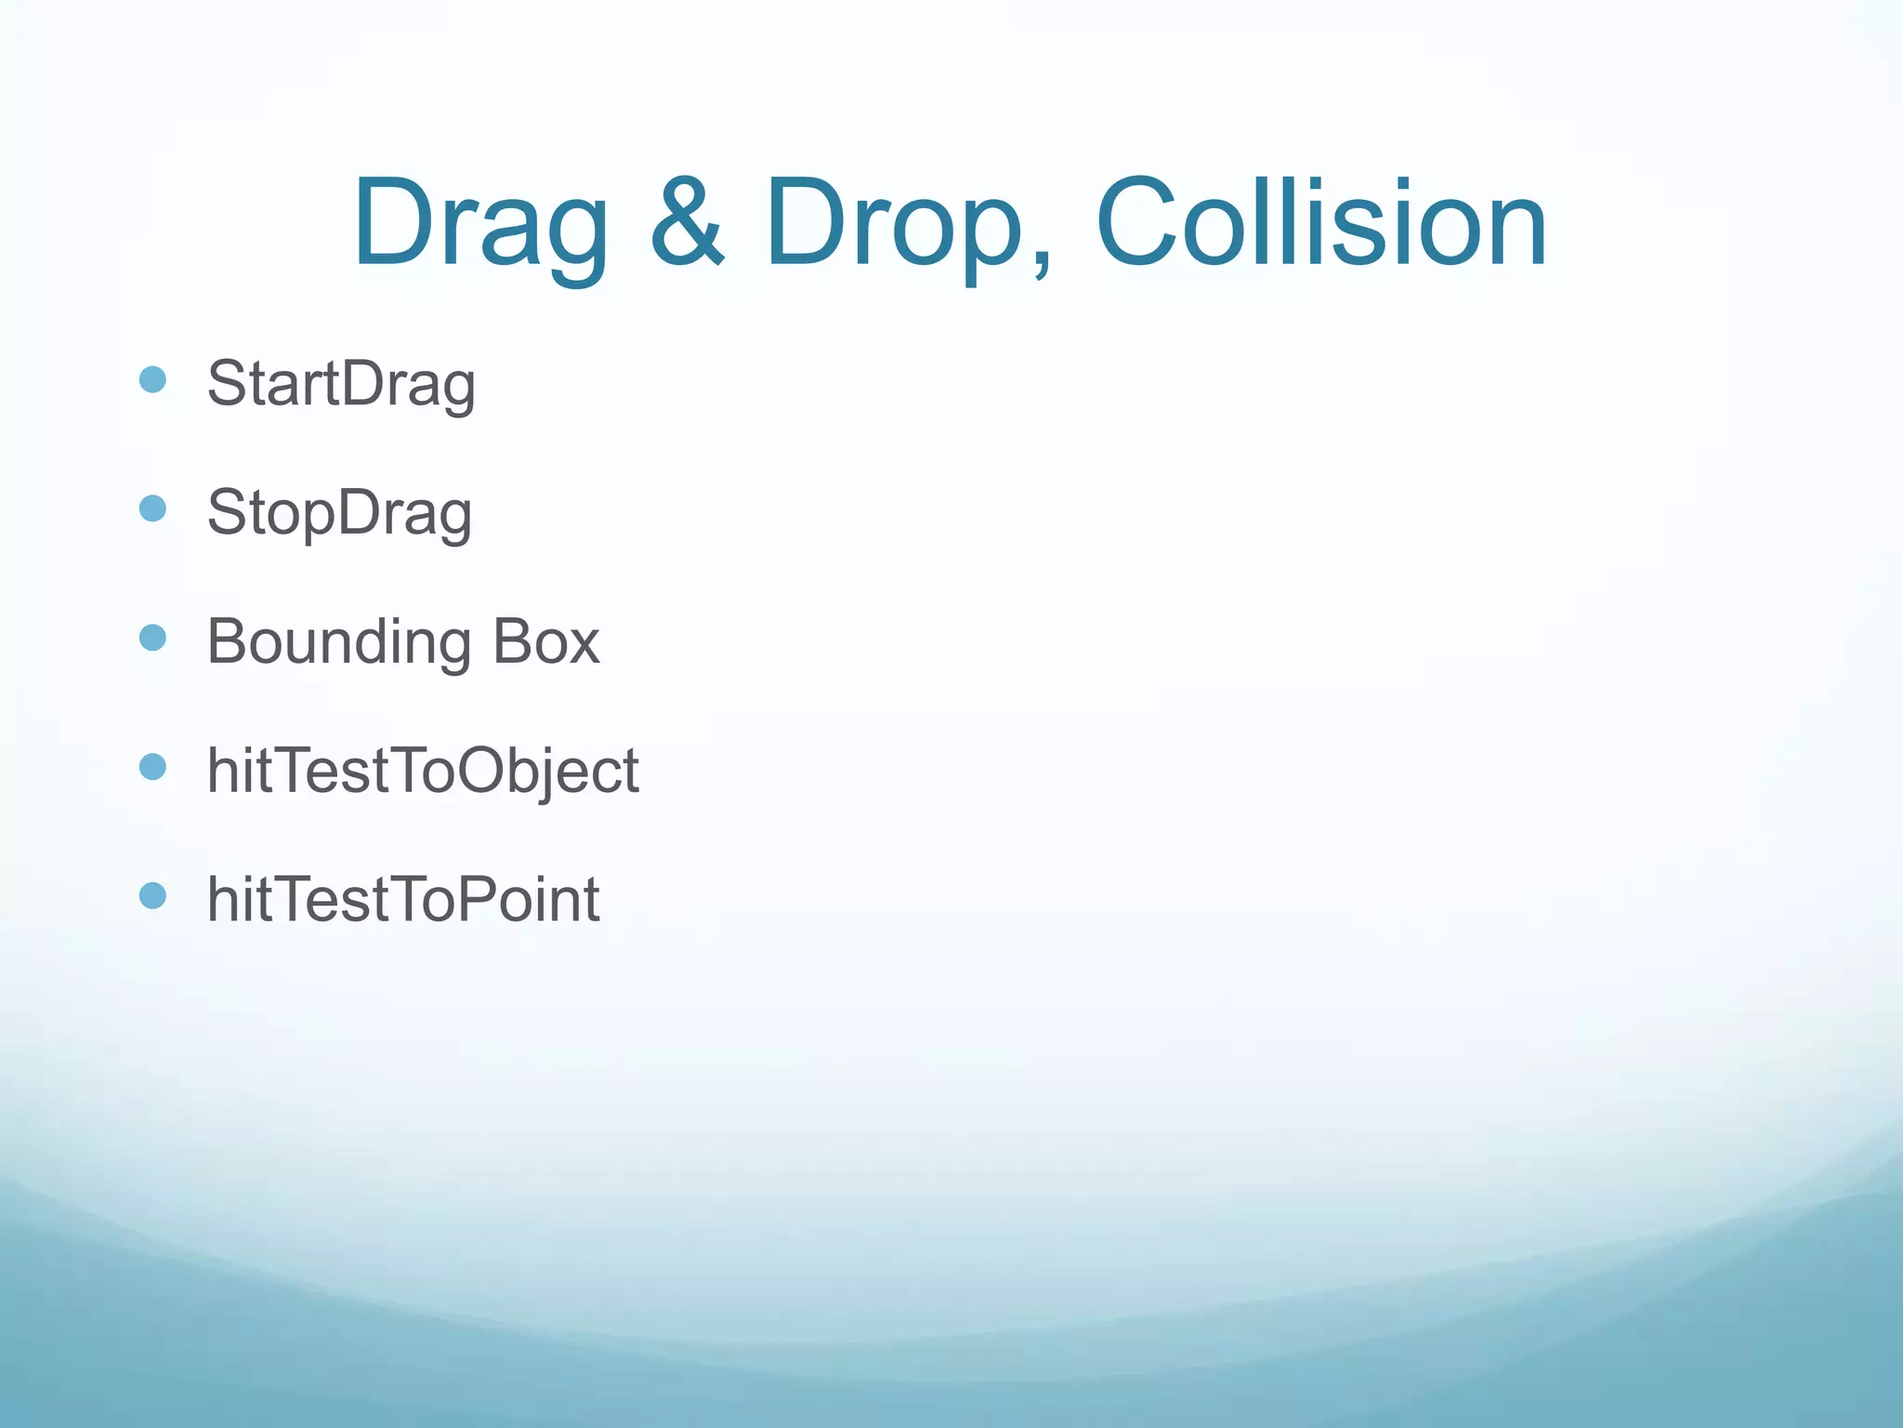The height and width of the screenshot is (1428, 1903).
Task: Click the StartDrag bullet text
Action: click(x=341, y=383)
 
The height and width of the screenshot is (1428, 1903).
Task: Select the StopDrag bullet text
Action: click(x=339, y=512)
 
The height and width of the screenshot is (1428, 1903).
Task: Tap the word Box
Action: click(x=545, y=641)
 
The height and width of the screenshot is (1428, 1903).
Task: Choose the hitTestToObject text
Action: click(x=423, y=771)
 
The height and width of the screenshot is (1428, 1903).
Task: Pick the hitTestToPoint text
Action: click(x=403, y=899)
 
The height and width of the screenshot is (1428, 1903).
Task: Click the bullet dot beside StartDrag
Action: click(x=152, y=379)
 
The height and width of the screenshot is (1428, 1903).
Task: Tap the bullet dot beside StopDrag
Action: click(x=152, y=509)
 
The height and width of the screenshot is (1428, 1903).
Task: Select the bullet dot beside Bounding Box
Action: click(x=152, y=638)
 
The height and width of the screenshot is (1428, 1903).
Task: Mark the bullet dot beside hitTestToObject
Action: click(x=152, y=767)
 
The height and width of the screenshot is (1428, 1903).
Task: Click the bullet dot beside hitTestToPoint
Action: click(x=152, y=895)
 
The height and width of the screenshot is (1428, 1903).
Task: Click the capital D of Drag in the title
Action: click(x=395, y=223)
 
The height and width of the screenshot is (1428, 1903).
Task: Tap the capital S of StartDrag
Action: click(x=227, y=383)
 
